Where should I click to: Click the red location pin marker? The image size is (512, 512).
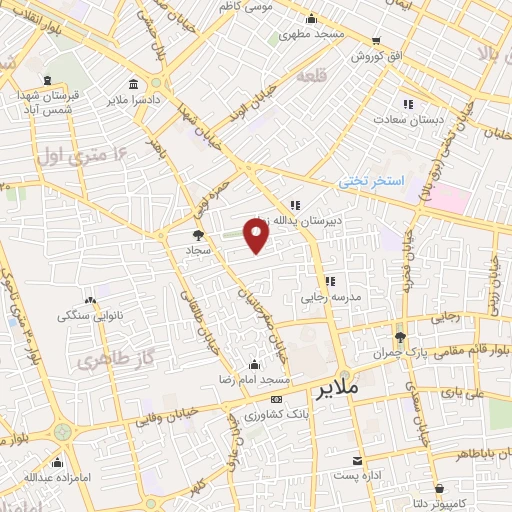(257, 236)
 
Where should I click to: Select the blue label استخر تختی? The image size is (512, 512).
(369, 181)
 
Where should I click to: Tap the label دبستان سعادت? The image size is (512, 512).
(408, 120)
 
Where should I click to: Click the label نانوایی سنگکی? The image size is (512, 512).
(89, 316)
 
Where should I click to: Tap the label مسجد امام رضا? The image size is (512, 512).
(255, 381)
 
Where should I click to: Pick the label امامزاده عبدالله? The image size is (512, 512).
(57, 477)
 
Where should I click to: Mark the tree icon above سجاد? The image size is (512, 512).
(196, 235)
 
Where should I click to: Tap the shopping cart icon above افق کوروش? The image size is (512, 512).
(376, 41)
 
